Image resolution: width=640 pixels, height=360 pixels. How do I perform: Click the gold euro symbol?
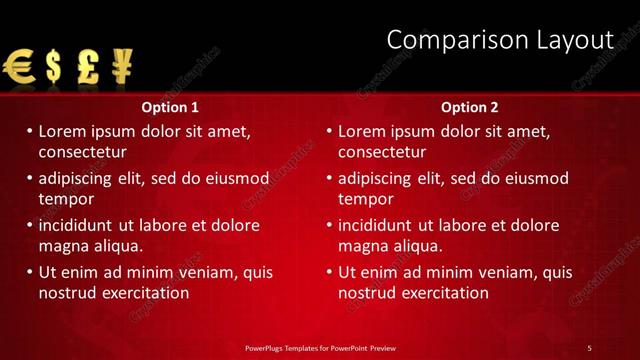(20, 68)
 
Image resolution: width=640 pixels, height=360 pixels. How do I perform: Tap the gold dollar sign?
(53, 68)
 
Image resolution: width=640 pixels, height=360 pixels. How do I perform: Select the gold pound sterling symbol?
(87, 68)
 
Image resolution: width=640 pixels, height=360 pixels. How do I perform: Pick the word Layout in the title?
(572, 40)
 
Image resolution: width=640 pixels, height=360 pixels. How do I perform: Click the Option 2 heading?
(469, 107)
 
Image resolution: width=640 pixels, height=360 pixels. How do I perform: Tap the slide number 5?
(589, 347)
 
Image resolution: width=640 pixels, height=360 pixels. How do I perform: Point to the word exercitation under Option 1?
(139, 293)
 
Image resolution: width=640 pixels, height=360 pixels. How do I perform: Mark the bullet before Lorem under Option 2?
(329, 131)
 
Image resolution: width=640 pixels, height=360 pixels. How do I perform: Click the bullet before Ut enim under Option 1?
(29, 272)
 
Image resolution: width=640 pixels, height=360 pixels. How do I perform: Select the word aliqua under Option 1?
(116, 246)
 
